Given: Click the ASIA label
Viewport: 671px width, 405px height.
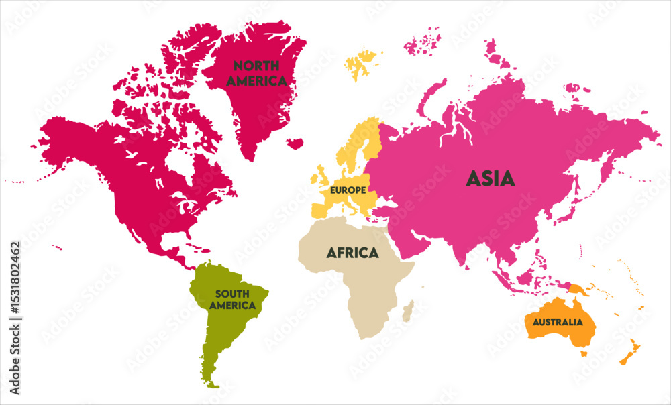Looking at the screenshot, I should pos(491,178).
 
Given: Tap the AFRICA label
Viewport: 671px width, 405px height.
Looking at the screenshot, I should pos(352,253).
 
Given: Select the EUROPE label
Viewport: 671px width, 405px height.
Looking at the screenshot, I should pos(347,190).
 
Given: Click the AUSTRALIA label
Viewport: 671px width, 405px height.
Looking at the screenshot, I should pos(558,322).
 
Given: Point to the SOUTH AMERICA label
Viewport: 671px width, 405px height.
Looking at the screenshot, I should pos(232,299).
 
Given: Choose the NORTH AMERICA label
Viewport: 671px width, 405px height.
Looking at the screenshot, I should pos(256,72).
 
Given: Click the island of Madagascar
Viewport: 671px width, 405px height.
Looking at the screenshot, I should pos(407,310).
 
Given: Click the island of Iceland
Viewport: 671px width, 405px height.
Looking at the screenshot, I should pos(294,143).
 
